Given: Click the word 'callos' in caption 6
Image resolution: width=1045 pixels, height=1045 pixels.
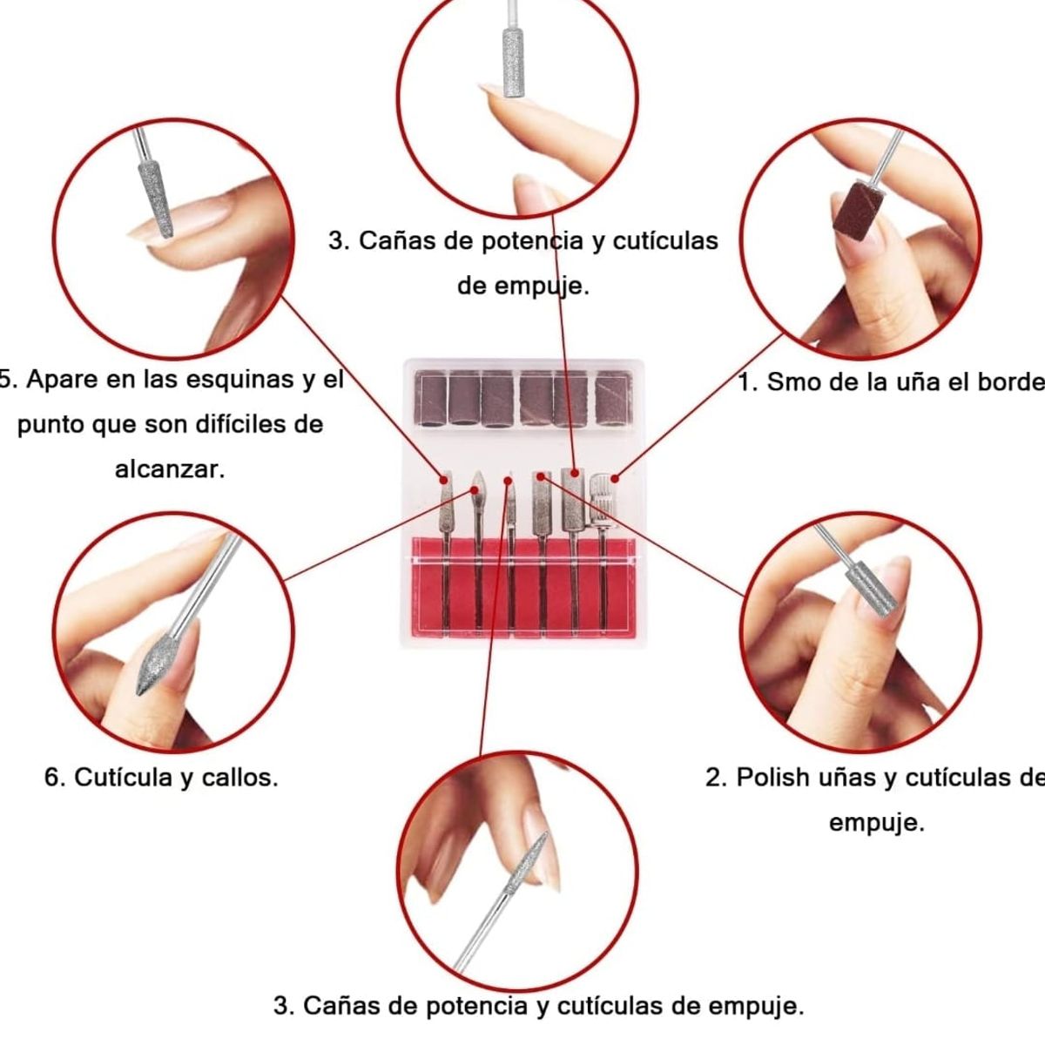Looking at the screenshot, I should [x=239, y=777].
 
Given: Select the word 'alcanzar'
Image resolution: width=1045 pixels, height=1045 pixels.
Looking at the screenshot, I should [x=170, y=469].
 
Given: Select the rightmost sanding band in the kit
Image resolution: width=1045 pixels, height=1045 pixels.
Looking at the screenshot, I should [x=610, y=399].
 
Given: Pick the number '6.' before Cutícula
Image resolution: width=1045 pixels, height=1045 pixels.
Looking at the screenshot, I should [x=55, y=777].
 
